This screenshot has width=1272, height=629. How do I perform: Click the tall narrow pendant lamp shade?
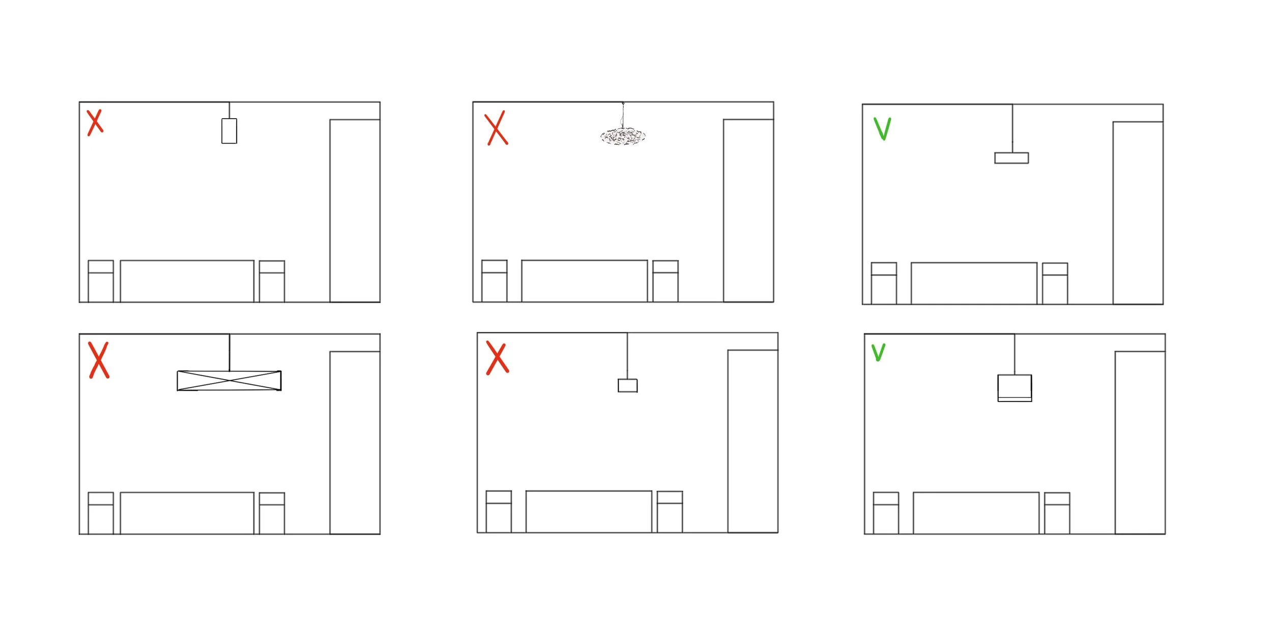pyautogui.click(x=229, y=131)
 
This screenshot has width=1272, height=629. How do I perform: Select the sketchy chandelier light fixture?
pyautogui.click(x=623, y=136)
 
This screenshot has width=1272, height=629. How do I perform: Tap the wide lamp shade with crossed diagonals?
pyautogui.click(x=229, y=381)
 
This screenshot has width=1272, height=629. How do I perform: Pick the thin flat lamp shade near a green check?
pyautogui.click(x=1011, y=158)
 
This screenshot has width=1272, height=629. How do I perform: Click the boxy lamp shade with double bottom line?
pyautogui.click(x=1015, y=388)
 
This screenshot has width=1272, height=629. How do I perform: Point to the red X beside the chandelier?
pyautogui.click(x=496, y=128)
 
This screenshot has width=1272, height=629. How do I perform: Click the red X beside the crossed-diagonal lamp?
pyautogui.click(x=99, y=360)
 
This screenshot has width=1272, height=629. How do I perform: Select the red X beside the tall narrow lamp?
pyautogui.click(x=95, y=123)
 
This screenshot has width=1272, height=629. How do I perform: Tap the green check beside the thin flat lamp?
pyautogui.click(x=882, y=128)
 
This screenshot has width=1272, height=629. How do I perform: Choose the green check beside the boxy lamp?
pyautogui.click(x=879, y=352)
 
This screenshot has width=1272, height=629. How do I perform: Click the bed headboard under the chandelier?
pyautogui.click(x=584, y=281)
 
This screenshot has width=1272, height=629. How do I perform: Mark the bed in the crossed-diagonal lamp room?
pyautogui.click(x=187, y=513)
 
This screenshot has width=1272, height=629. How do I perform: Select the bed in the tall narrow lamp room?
pyautogui.click(x=187, y=281)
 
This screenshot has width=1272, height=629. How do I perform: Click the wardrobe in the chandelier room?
pyautogui.click(x=748, y=211)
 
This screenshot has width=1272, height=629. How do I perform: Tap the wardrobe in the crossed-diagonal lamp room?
pyautogui.click(x=355, y=443)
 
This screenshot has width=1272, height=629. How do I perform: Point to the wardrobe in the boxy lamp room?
pyautogui.click(x=1140, y=443)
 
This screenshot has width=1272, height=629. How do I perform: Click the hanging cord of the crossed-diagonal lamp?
pyautogui.click(x=229, y=353)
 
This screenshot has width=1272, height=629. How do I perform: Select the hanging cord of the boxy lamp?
pyautogui.click(x=1015, y=355)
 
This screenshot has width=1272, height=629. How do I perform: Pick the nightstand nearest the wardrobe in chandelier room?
pyautogui.click(x=666, y=281)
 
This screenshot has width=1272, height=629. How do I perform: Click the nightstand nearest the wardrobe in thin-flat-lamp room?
pyautogui.click(x=1055, y=283)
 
